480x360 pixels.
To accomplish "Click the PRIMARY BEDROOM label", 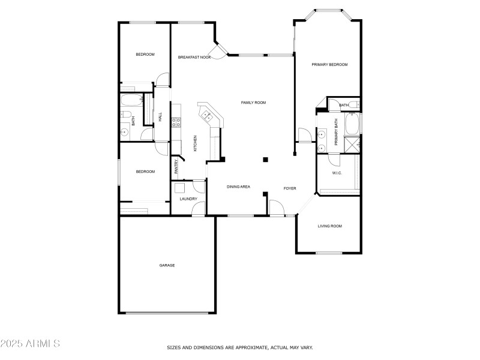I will [x=329, y=64].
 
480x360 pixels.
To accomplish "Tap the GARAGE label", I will [x=167, y=265].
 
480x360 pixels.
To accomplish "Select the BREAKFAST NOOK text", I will [x=194, y=57].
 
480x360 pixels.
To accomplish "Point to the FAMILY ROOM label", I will [x=253, y=103].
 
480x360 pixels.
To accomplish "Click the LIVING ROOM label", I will [x=329, y=226].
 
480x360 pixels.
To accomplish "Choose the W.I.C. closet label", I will [x=337, y=173].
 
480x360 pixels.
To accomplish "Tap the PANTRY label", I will [x=176, y=166].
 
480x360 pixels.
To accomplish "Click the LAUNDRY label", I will [x=188, y=199].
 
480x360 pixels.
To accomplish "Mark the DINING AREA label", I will [x=238, y=187].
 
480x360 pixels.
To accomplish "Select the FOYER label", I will [x=290, y=188].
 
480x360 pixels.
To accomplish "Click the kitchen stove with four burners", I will [x=177, y=122].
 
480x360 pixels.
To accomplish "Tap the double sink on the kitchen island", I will [x=208, y=114].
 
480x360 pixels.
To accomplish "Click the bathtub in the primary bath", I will [x=352, y=124].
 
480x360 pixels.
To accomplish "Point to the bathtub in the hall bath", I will [x=130, y=100].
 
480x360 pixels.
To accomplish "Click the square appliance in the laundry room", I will [x=179, y=187].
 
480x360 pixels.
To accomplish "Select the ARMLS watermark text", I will [x=30, y=344].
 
